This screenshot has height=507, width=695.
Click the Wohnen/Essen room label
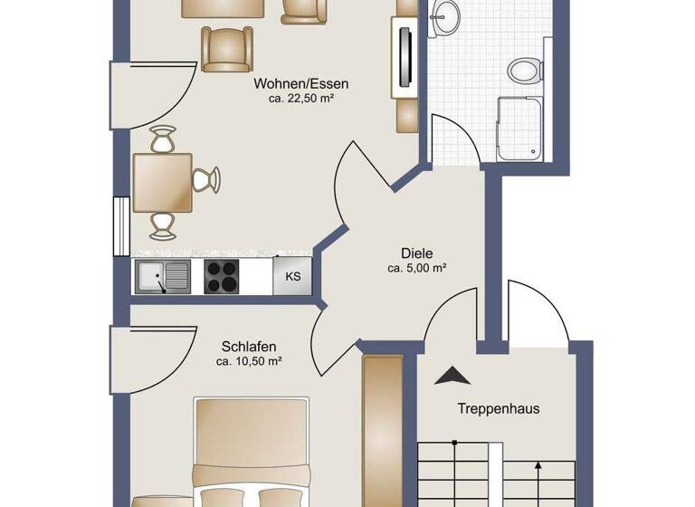pos(302,83)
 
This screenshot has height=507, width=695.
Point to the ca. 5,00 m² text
pos(417,268)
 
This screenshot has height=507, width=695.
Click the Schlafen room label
pos(249,346)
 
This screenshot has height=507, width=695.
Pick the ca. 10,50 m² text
pos(249,361)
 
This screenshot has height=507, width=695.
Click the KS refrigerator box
pos(293,276)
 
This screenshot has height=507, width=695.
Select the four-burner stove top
pos(222,275)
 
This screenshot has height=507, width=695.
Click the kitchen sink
pos(163,276)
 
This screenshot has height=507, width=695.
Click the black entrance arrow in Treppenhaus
pos(450,375)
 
